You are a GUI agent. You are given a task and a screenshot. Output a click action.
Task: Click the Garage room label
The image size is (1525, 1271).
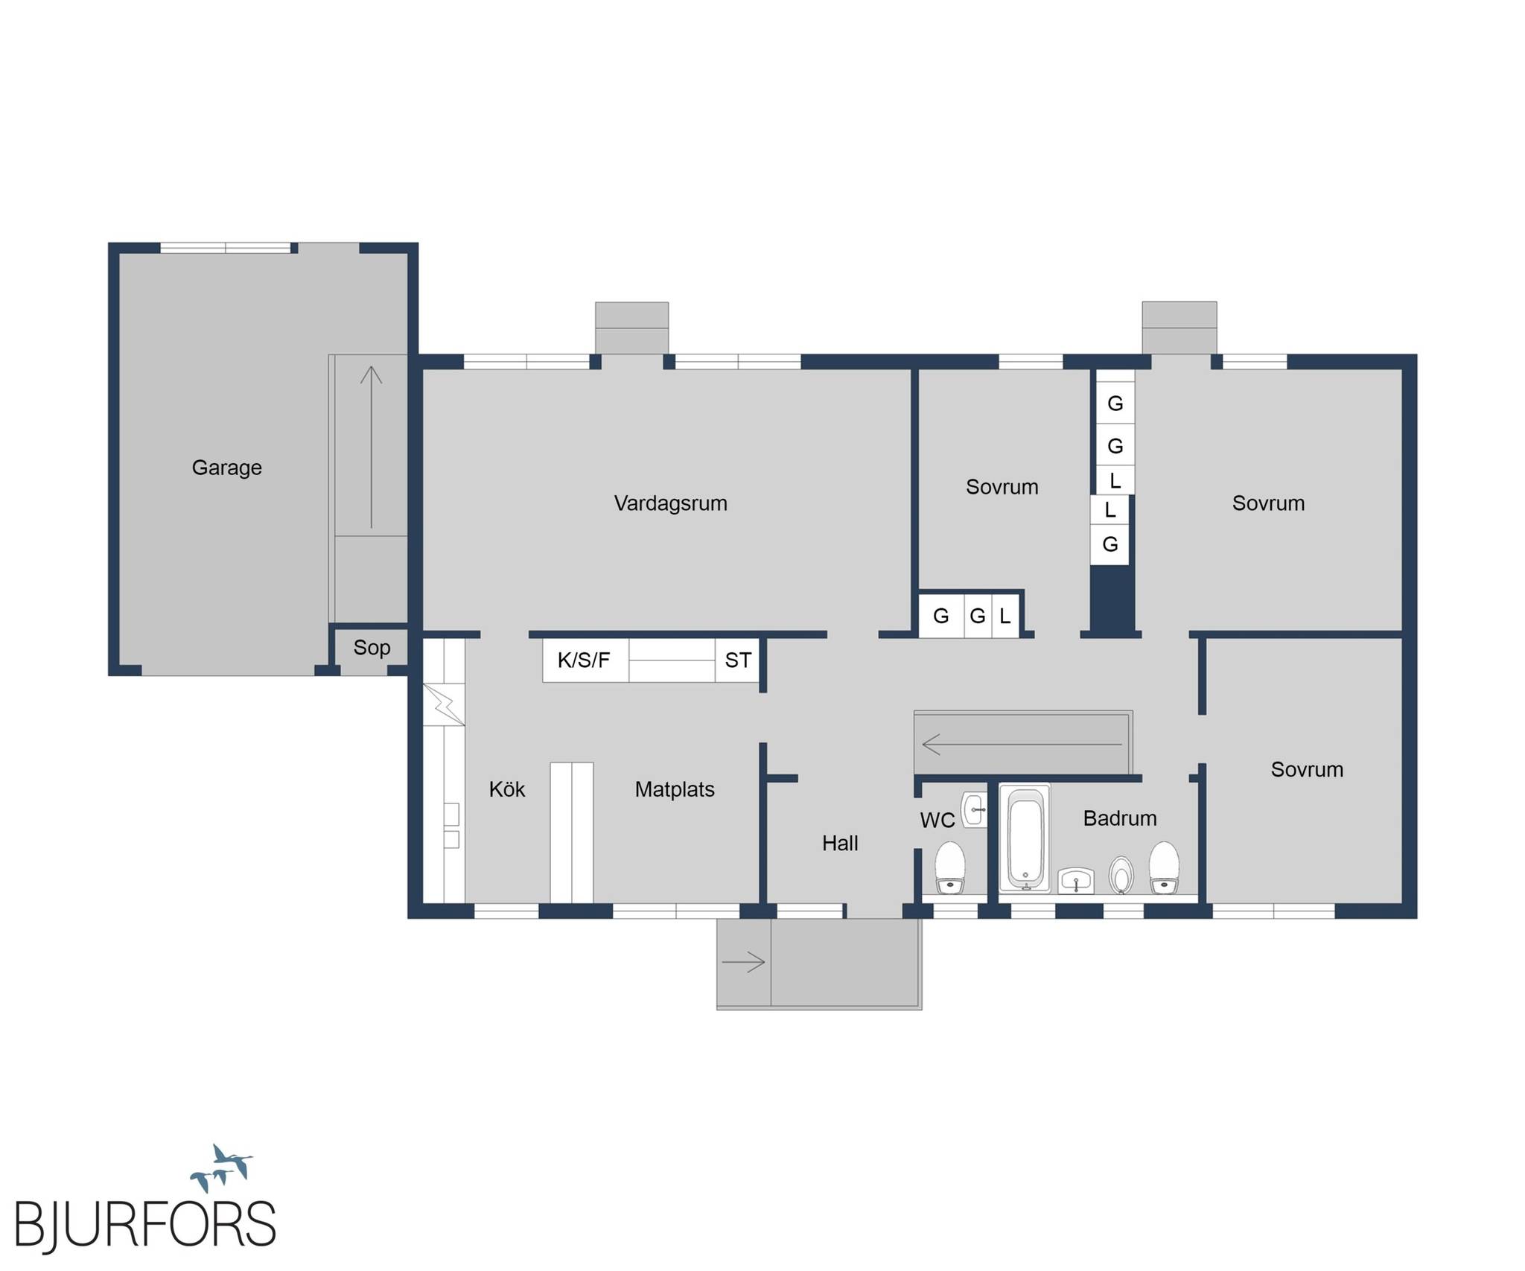(x=226, y=468)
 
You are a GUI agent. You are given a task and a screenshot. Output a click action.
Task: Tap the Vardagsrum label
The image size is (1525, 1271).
(x=670, y=503)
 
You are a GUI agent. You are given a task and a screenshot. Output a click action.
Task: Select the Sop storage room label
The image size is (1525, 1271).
(x=372, y=648)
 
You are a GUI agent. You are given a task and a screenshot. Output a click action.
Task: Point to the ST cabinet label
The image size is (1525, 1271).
(x=738, y=660)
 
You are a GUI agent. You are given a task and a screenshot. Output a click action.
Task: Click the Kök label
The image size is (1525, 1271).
(x=507, y=789)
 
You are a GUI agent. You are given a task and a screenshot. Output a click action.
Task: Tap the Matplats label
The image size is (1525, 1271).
(x=675, y=789)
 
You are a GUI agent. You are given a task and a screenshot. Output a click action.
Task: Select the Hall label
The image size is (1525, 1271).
(x=840, y=843)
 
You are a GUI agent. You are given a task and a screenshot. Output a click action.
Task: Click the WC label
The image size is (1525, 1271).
(x=937, y=821)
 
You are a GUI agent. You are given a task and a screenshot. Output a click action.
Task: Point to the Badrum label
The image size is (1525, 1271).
(x=1120, y=818)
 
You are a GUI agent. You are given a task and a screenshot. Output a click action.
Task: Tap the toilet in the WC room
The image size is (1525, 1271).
(x=950, y=868)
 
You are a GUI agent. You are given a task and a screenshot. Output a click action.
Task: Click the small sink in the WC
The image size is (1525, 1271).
(x=974, y=809)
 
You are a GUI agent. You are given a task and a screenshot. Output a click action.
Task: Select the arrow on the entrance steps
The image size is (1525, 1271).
(x=743, y=963)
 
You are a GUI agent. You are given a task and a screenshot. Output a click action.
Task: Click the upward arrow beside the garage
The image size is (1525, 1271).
(x=372, y=447)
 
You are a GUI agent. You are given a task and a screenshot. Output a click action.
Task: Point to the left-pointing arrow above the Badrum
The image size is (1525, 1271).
(x=1022, y=744)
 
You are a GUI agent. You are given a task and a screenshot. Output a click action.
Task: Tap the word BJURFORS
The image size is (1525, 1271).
(x=145, y=1224)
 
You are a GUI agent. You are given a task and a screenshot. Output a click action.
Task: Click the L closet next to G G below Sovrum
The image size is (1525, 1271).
(x=1005, y=616)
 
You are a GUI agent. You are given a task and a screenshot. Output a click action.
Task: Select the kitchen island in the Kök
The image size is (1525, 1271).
(x=572, y=832)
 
